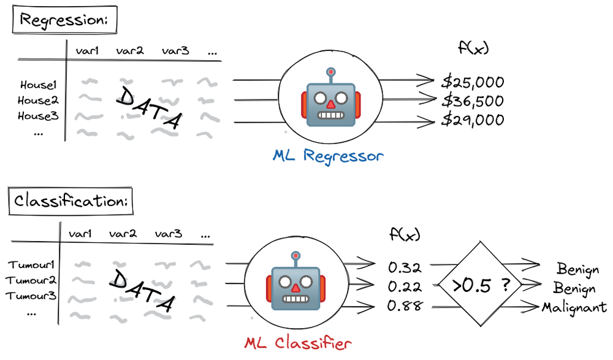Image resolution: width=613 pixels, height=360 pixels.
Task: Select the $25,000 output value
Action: [473, 82]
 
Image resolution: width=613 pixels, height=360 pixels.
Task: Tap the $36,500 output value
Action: [473, 101]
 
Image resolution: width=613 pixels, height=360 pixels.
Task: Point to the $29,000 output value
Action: [473, 120]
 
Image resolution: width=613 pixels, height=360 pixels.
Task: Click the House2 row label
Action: [38, 101]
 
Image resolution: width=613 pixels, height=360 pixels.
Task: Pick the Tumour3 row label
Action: [31, 296]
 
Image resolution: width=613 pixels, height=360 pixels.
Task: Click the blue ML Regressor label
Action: [328, 156]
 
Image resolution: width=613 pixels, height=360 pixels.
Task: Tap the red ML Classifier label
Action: [298, 343]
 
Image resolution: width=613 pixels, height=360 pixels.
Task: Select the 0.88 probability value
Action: [405, 305]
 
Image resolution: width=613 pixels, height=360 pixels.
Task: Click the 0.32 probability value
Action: [405, 267]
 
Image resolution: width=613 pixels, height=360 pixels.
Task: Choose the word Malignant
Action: [574, 308]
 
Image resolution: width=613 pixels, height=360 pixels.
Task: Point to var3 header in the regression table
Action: [175, 50]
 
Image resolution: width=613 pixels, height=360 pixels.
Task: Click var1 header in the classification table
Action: [80, 234]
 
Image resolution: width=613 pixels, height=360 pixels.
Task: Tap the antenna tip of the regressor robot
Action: [331, 72]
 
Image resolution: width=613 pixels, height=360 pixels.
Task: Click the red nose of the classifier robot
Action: [296, 288]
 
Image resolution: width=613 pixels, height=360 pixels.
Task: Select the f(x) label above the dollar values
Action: [473, 48]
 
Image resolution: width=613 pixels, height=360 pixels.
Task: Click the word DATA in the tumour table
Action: [142, 291]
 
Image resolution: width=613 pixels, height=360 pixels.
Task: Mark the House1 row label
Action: [38, 85]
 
